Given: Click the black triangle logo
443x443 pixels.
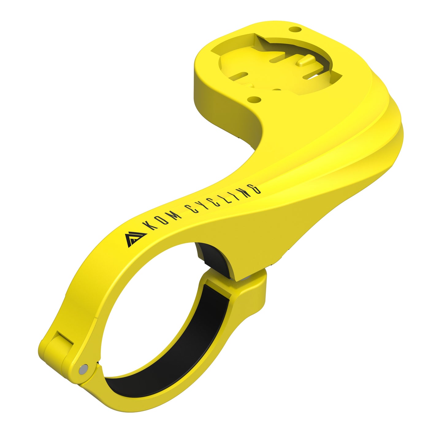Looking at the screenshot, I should click(136, 239).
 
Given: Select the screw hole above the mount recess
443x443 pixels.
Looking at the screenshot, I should click(295, 29).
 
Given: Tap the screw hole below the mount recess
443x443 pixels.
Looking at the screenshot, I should click(254, 99).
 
